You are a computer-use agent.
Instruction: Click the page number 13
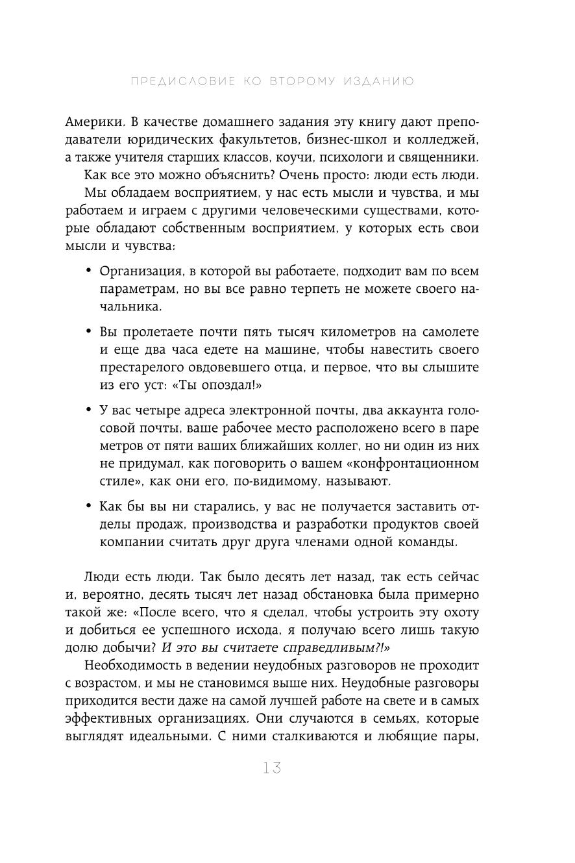tap(273, 769)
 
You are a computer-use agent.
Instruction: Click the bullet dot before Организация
tap(89, 270)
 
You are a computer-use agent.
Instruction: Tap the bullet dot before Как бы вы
tap(89, 506)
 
